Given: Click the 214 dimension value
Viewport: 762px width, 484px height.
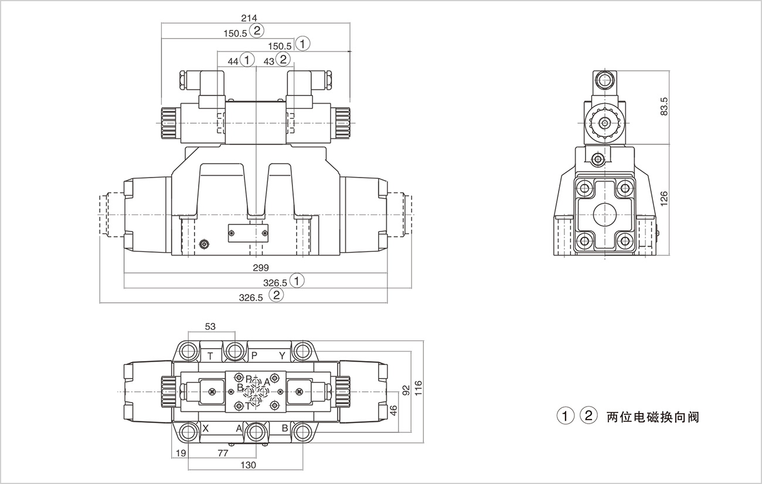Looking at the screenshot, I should (249, 19).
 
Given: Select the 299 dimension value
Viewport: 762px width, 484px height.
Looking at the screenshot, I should (261, 268).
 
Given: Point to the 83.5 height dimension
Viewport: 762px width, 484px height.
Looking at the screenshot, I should (664, 106).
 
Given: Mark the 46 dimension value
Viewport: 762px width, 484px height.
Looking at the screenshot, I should (394, 410).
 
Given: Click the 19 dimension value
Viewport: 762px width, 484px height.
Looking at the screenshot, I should (180, 452).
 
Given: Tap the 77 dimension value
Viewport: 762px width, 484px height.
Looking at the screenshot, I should (222, 452).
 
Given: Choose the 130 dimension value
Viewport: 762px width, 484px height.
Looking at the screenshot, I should (249, 465).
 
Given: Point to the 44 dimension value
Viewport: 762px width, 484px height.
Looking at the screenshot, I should (233, 61).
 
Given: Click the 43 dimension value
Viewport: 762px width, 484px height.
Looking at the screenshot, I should (268, 61).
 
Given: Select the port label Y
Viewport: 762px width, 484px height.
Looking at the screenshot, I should (282, 356).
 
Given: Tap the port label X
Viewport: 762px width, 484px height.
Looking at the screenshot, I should (205, 428).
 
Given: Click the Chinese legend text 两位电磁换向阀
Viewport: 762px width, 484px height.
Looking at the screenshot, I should (652, 417).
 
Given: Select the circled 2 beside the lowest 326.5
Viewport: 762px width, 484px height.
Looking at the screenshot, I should (275, 295).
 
